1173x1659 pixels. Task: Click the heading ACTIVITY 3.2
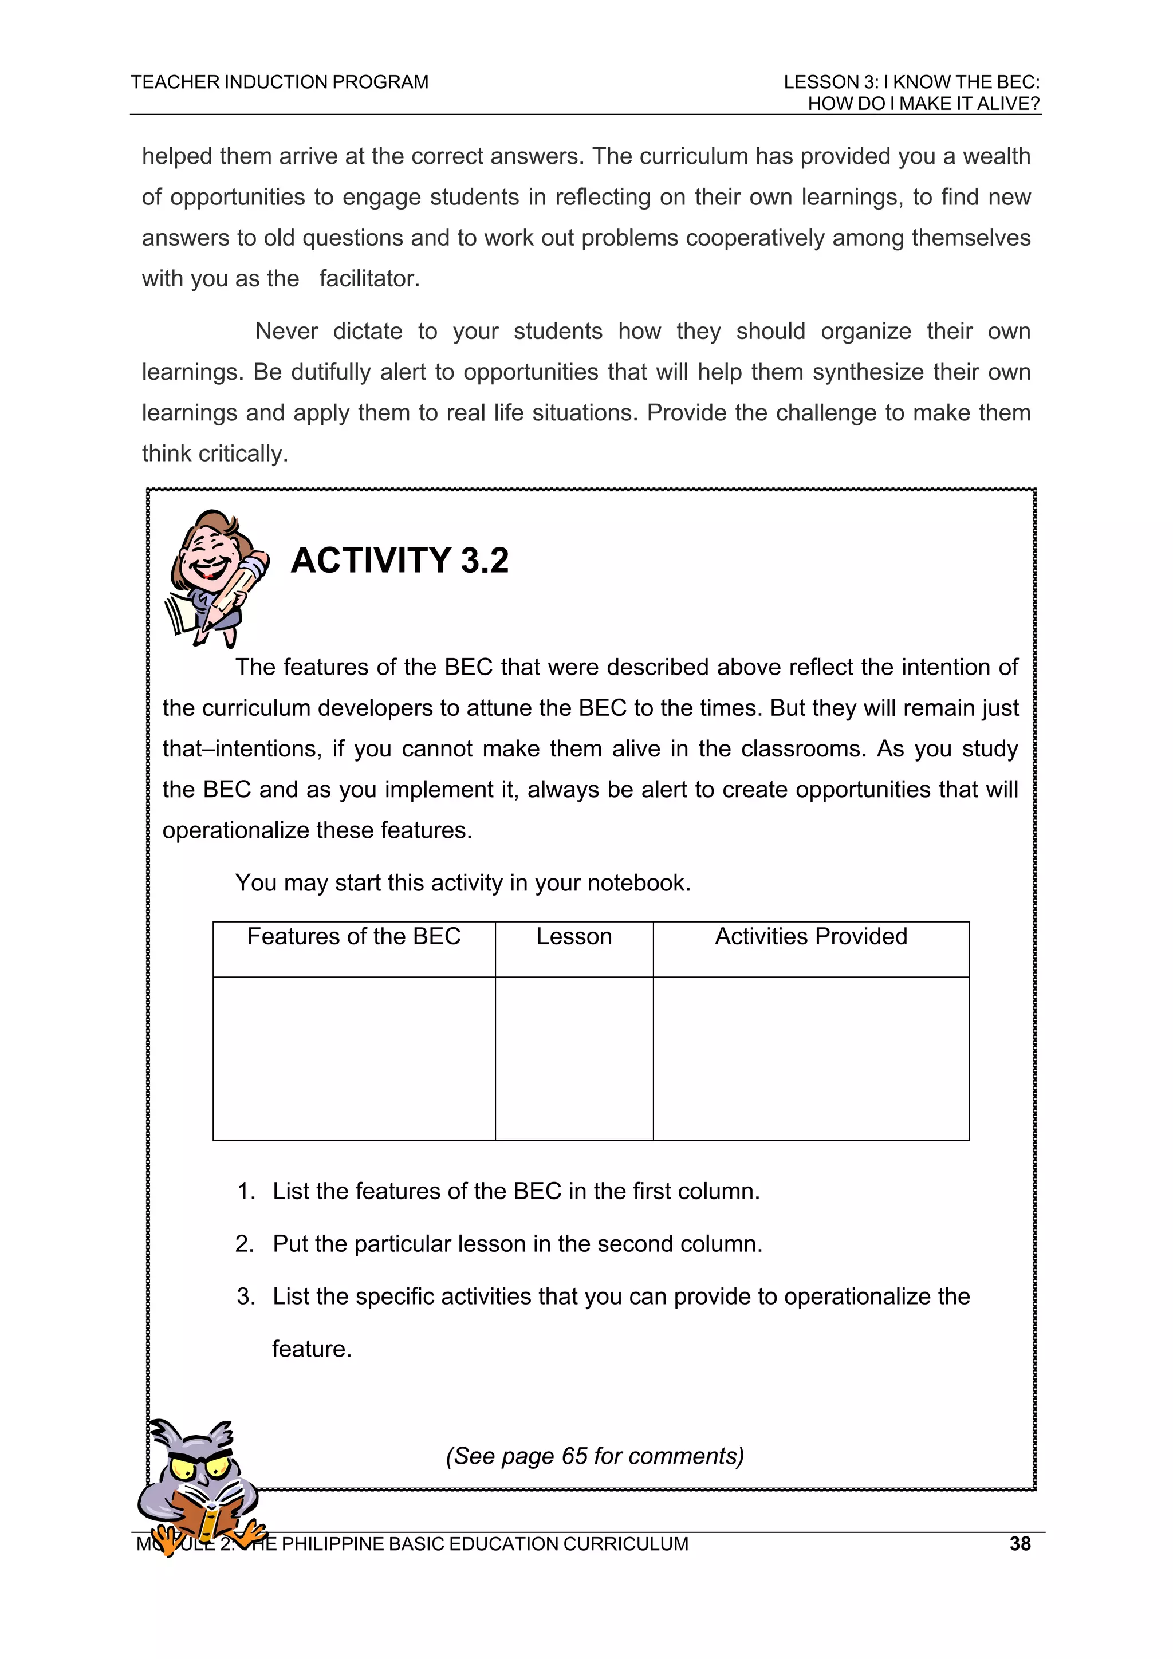pos(399,561)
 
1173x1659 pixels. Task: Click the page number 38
pos(1019,1543)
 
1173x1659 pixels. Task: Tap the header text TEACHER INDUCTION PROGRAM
pos(279,82)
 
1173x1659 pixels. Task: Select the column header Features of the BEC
pos(353,936)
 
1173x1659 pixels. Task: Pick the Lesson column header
pos(574,936)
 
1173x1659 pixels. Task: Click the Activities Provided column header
pos(810,936)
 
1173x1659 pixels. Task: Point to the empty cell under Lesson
pos(574,1058)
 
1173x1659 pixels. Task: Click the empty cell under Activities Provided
pos(810,1058)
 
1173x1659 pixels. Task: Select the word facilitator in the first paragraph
pos(369,279)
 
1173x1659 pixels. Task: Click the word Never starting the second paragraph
pos(286,332)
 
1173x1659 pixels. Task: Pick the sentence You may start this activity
pos(463,883)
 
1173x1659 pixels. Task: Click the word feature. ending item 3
pos(312,1349)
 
